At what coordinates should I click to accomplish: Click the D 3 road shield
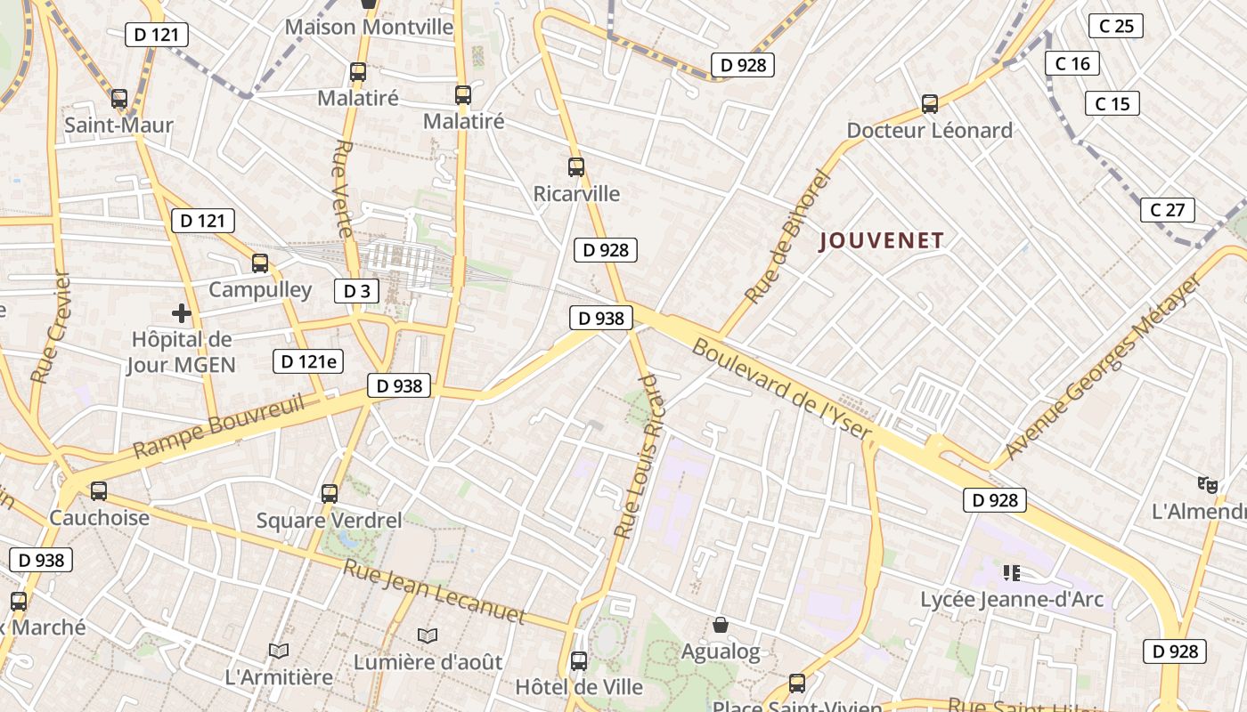coord(356,290)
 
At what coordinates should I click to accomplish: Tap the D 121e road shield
coord(308,360)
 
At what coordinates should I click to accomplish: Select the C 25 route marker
coord(1116,26)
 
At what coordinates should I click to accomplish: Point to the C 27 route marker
coord(1167,210)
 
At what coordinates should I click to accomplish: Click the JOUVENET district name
coord(881,240)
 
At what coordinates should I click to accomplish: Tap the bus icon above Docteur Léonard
coord(930,104)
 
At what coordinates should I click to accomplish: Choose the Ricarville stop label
coord(576,193)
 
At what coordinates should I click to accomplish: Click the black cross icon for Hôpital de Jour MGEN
coord(182,313)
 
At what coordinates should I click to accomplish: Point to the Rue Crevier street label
coord(50,328)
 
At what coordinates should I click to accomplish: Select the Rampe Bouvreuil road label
coord(218,426)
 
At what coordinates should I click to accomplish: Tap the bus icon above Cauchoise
coord(99,491)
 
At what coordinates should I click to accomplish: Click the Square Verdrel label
coord(329,520)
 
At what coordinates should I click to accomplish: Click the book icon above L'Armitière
coord(279,651)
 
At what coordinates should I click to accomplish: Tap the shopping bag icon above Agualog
coord(721,626)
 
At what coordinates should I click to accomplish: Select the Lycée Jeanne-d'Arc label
coord(1012,599)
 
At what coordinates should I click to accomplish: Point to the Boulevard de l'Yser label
coord(781,389)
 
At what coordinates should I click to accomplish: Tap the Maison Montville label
coord(369,27)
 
